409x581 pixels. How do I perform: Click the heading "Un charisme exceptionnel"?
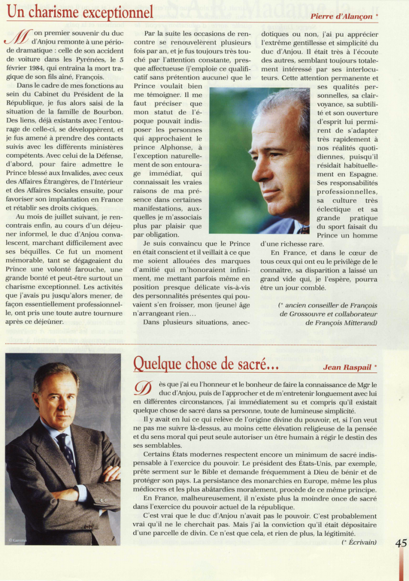pos(80,12)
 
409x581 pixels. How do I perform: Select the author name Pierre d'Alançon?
pos(341,16)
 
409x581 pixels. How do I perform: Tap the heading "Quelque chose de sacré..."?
pos(206,363)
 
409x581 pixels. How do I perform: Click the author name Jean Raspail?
pos(347,367)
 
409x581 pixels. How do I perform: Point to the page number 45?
pos(400,543)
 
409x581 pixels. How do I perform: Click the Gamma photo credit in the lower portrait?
pos(18,540)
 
